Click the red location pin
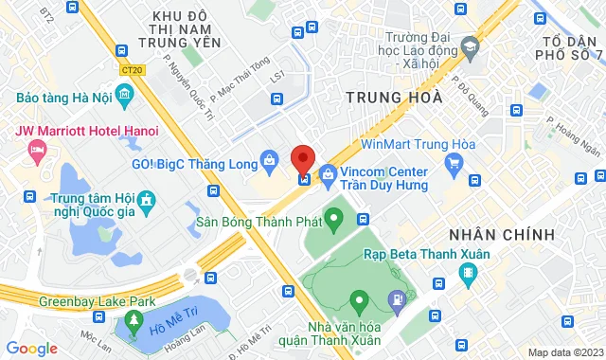302,158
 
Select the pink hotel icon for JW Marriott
37,150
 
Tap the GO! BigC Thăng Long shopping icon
270,159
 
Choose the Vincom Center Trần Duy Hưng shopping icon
328,173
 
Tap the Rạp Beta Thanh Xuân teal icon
467,275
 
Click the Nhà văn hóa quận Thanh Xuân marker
358,303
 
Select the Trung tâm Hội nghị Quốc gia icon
146,201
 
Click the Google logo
31,348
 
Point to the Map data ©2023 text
564,352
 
